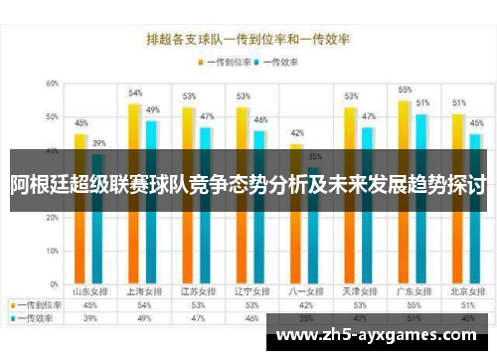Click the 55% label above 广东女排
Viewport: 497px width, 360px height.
[x=405, y=90]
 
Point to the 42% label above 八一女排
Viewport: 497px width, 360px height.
[x=297, y=132]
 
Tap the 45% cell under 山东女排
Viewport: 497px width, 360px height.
[x=89, y=305]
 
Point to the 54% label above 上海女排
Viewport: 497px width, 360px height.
[x=135, y=92]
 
